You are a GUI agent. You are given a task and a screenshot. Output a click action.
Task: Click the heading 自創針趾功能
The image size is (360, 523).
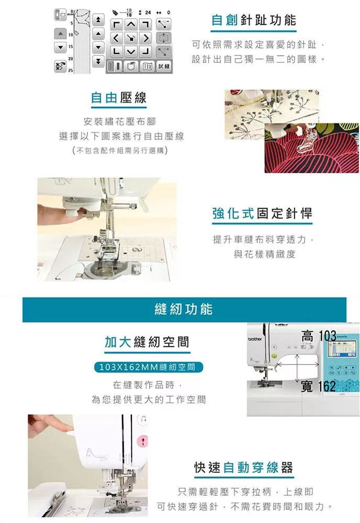point(254,20)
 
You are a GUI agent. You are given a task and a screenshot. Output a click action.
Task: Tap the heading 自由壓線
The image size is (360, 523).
point(118,98)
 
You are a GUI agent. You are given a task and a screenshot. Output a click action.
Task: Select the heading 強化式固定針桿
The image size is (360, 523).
point(262,213)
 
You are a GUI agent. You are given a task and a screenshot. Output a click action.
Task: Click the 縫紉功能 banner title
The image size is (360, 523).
point(184,309)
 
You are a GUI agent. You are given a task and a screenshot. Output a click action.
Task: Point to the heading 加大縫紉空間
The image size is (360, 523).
point(147,342)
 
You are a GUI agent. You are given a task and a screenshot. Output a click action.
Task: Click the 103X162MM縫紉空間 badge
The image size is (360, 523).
point(147,367)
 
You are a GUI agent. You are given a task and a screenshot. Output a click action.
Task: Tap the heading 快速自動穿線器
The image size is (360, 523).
point(243,467)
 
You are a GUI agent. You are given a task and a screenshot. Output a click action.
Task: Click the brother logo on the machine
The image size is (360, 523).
point(255,339)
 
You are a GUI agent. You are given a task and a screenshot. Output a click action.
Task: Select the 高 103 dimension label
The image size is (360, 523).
point(319,336)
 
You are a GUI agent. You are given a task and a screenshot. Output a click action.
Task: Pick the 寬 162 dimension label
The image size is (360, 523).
point(318,386)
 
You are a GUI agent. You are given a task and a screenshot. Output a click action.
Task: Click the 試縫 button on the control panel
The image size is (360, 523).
point(164,66)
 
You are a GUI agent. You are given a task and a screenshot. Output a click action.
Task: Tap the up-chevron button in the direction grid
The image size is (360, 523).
point(132,24)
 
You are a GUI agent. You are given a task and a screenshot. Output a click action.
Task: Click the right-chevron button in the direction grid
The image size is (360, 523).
point(146,38)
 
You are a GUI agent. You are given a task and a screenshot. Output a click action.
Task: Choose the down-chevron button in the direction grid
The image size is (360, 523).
point(132,52)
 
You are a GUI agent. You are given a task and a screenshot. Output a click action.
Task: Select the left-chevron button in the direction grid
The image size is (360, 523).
point(116,38)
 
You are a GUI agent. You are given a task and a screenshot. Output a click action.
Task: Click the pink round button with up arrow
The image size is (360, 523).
point(143,441)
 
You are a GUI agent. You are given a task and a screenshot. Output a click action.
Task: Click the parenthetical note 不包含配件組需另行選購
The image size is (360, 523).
point(120,151)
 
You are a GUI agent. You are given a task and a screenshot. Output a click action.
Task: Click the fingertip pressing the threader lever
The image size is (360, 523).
point(67,429)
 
